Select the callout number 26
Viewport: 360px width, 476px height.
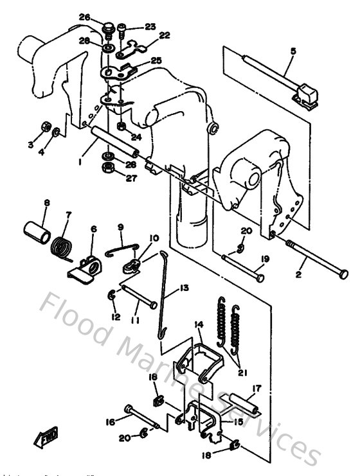103,17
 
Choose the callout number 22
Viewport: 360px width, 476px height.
165,35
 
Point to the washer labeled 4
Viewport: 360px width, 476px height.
57,132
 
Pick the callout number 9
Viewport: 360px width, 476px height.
120,227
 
